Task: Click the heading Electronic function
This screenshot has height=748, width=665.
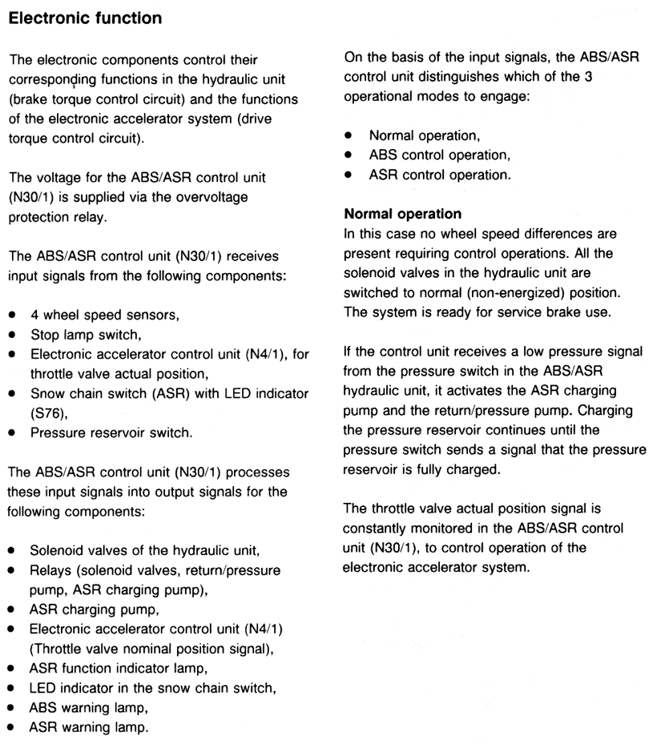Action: (x=86, y=18)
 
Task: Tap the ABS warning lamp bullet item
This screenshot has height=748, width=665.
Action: (x=90, y=708)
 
